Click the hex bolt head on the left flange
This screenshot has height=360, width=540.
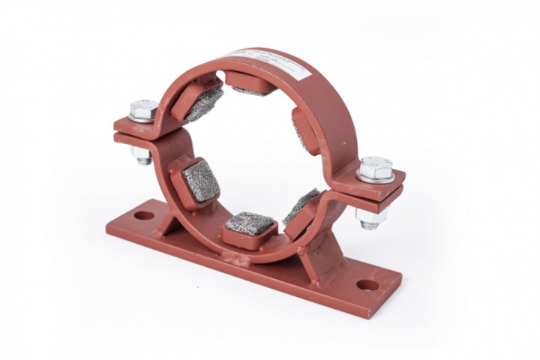pos(142,109)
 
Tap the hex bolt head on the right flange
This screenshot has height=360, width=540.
pos(375,167)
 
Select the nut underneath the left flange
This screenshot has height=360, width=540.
pos(142,155)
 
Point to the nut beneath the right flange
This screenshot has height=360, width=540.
pos(370,217)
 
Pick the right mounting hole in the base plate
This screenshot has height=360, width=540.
pos(366,285)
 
